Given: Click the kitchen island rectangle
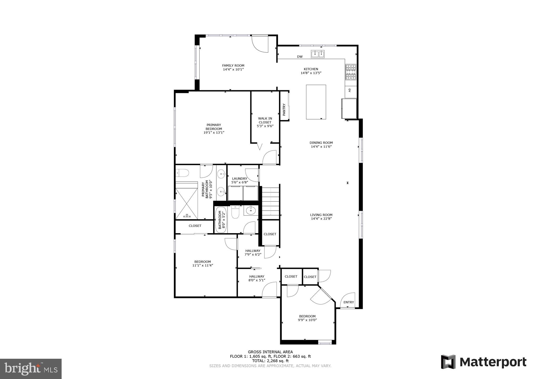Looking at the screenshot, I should coord(316,102).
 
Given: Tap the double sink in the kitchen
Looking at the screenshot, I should coord(318,54).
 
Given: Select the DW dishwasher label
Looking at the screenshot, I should coord(300,57).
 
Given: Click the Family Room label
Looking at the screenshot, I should coord(233,66).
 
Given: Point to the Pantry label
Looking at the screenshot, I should coord(284,109).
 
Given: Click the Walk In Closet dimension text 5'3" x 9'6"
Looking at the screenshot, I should coord(265,126).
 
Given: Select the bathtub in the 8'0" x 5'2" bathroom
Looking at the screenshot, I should coord(221,220).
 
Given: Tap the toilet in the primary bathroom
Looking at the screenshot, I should coord(183,173).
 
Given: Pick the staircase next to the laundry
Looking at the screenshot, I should coord(270,203).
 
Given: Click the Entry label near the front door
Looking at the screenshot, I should coord(349,302).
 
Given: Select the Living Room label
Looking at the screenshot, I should coord(321,215).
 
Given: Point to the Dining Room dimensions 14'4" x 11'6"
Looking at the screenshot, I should coord(321,147).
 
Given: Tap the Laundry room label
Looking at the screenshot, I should coord(240,178).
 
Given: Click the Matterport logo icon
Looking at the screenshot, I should coord(448,362).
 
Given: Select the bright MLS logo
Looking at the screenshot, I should coord(31,369).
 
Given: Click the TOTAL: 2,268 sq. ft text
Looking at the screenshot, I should coord(270,361).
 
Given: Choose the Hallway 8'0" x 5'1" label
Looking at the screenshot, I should coord(257,278).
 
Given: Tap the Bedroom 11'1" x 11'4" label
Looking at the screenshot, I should coord(202,263).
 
